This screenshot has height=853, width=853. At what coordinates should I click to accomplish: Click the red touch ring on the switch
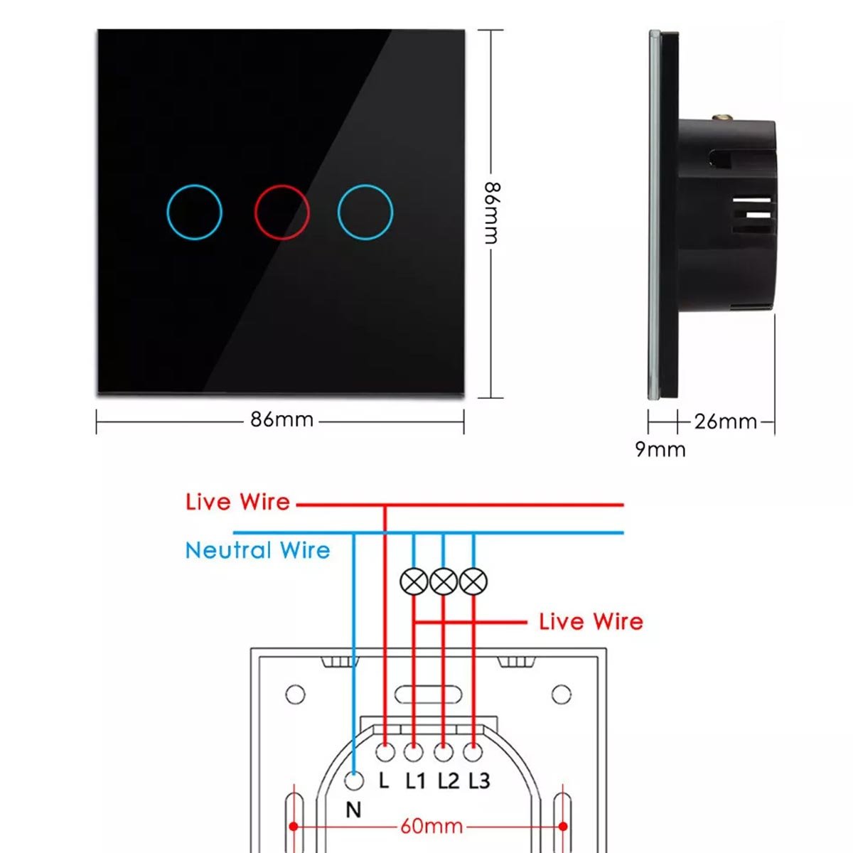[x=282, y=212]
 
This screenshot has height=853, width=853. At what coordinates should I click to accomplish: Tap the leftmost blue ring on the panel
[x=194, y=212]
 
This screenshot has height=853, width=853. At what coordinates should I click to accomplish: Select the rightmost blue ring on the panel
[x=365, y=212]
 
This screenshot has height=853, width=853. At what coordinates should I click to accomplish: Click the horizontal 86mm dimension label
[x=281, y=419]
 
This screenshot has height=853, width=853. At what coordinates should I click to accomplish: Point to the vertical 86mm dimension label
[x=492, y=213]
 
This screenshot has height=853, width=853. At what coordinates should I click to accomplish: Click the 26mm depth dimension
[x=725, y=422]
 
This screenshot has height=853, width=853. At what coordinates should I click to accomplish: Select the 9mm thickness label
[x=660, y=449]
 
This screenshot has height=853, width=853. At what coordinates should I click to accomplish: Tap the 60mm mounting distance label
[x=431, y=826]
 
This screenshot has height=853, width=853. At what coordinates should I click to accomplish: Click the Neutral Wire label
[x=257, y=550]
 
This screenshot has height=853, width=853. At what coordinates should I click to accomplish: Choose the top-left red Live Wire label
[x=237, y=502]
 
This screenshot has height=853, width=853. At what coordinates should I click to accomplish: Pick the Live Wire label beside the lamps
[x=591, y=622]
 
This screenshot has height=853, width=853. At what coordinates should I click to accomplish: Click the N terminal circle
[x=353, y=781]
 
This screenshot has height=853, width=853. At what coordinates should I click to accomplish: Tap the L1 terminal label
[x=416, y=781]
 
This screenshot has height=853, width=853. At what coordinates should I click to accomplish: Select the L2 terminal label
[x=448, y=781]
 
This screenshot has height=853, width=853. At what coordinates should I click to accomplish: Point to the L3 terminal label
[x=480, y=781]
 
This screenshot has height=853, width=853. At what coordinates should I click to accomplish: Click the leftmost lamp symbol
[x=414, y=582]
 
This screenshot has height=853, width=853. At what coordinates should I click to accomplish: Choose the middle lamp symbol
[x=444, y=582]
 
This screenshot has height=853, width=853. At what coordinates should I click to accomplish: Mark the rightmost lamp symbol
[x=473, y=582]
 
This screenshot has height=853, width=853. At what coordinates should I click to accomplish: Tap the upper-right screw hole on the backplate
[x=561, y=693]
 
